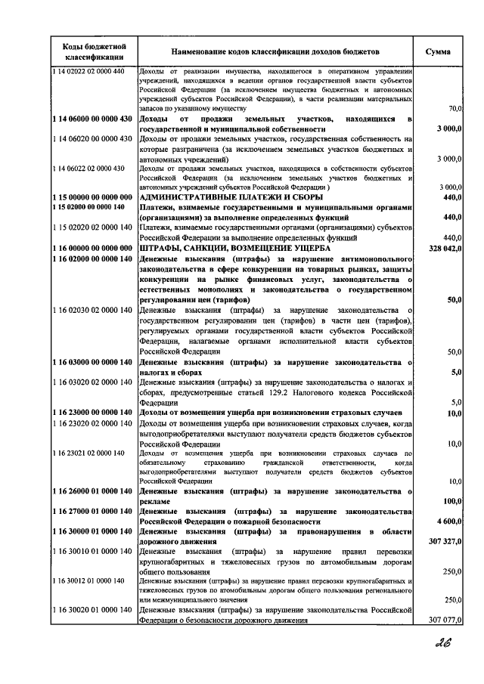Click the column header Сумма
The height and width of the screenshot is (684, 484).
click(x=439, y=52)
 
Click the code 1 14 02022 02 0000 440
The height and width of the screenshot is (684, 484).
click(x=89, y=71)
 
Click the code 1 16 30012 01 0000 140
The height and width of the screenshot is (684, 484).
click(x=89, y=580)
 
